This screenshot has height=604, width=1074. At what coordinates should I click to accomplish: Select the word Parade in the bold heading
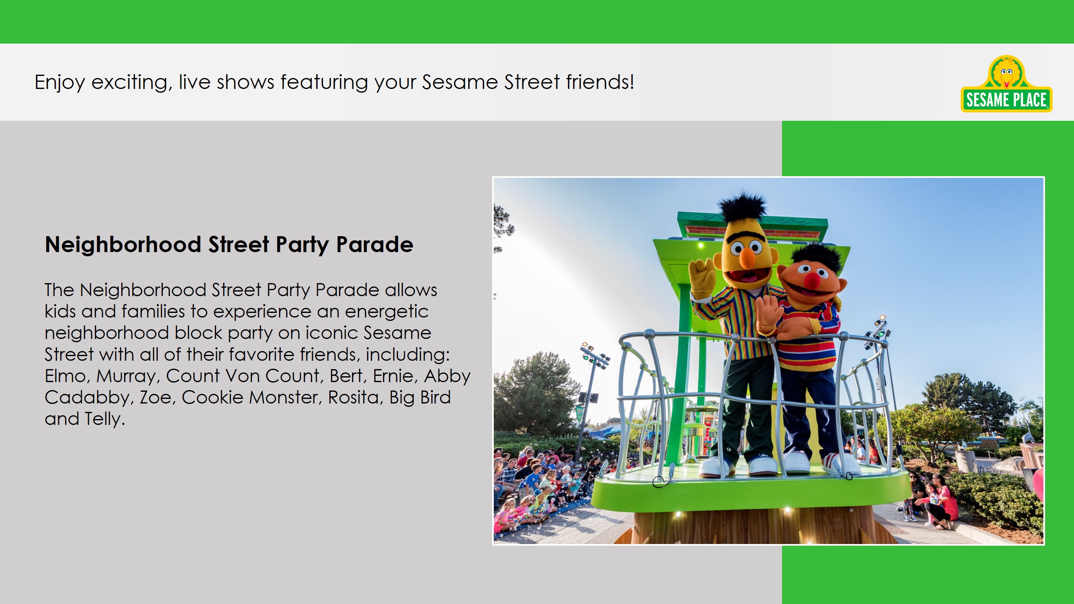[375, 245]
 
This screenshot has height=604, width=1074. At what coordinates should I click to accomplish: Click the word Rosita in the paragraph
[354, 397]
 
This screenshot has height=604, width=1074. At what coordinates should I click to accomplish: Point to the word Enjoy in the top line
[60, 83]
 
